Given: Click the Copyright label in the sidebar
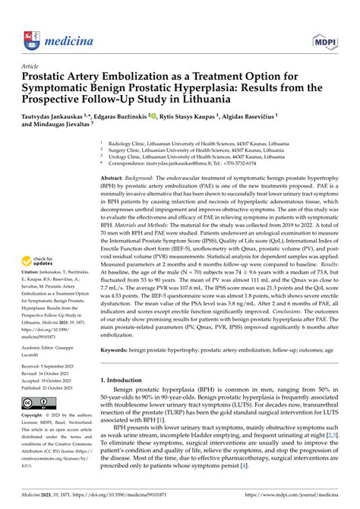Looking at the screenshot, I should [37, 416].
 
